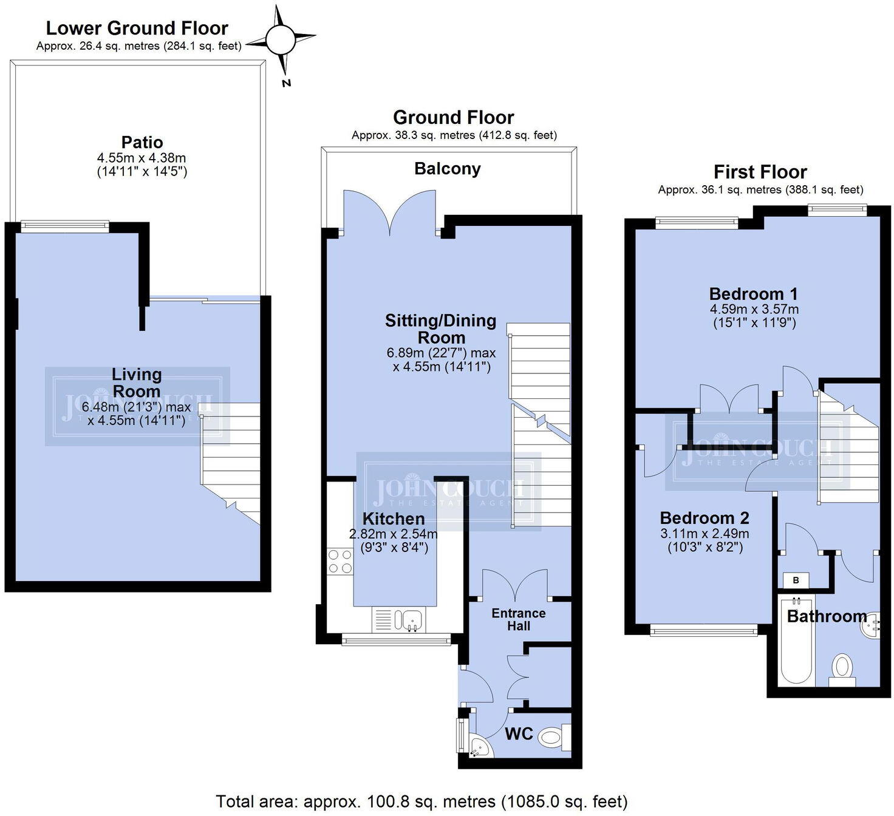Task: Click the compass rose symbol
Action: tap(281, 41)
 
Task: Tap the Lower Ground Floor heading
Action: tap(137, 28)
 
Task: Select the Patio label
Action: tap(142, 142)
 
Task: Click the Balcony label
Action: tap(447, 169)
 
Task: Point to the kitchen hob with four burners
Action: tap(340, 561)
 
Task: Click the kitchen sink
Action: tap(410, 620)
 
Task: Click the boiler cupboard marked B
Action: tap(796, 580)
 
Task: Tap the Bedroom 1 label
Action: tap(753, 294)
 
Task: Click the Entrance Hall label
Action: tap(519, 619)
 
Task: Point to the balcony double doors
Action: tap(390, 212)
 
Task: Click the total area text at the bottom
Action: tap(421, 801)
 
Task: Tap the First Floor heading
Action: tap(760, 172)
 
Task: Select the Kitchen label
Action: tap(394, 518)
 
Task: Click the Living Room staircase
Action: tap(231, 461)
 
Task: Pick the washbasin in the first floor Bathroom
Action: tap(870, 625)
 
